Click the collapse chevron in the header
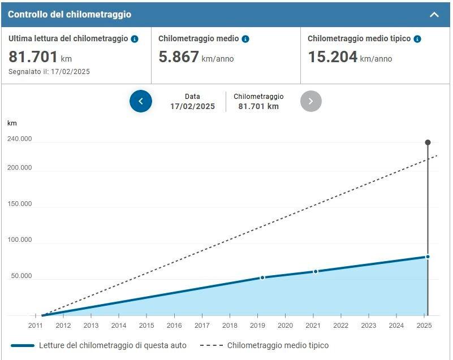[434, 15]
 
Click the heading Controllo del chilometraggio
[70, 15]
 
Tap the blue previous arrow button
[141, 101]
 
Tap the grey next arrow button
[311, 101]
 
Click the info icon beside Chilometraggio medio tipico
[417, 39]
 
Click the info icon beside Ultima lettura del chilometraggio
[135, 39]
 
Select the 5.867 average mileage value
[179, 57]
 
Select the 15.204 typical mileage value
[333, 57]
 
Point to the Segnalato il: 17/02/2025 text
[49, 72]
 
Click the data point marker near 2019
[262, 277]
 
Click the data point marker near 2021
[316, 271]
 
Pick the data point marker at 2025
[428, 257]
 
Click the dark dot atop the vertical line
[428, 142]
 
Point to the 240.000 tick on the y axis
[20, 140]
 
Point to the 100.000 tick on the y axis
[20, 240]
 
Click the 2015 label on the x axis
[146, 326]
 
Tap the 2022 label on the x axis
[340, 326]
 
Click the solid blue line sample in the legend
[22, 345]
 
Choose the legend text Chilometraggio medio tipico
[278, 345]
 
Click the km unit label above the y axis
[12, 123]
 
